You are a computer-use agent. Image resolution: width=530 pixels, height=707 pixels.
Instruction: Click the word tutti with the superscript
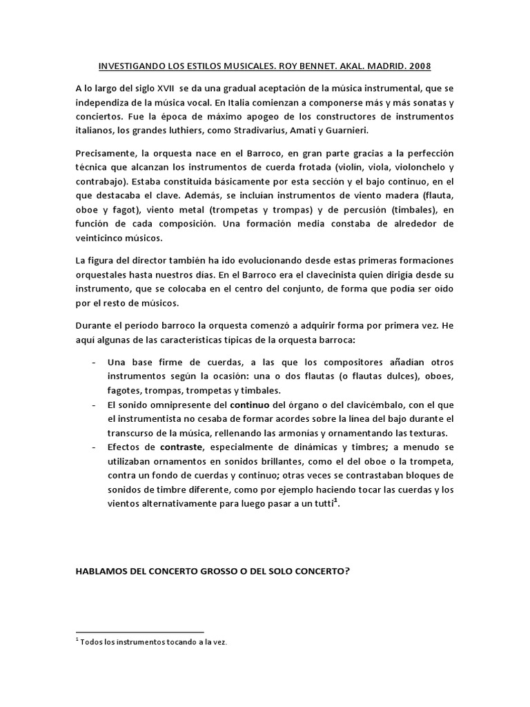[x=319, y=504]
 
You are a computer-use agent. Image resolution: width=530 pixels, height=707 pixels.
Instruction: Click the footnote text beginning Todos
[x=153, y=642]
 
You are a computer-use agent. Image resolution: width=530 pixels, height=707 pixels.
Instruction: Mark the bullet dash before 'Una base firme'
[x=93, y=362]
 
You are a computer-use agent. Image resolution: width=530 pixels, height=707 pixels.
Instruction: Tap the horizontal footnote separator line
[x=139, y=632]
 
